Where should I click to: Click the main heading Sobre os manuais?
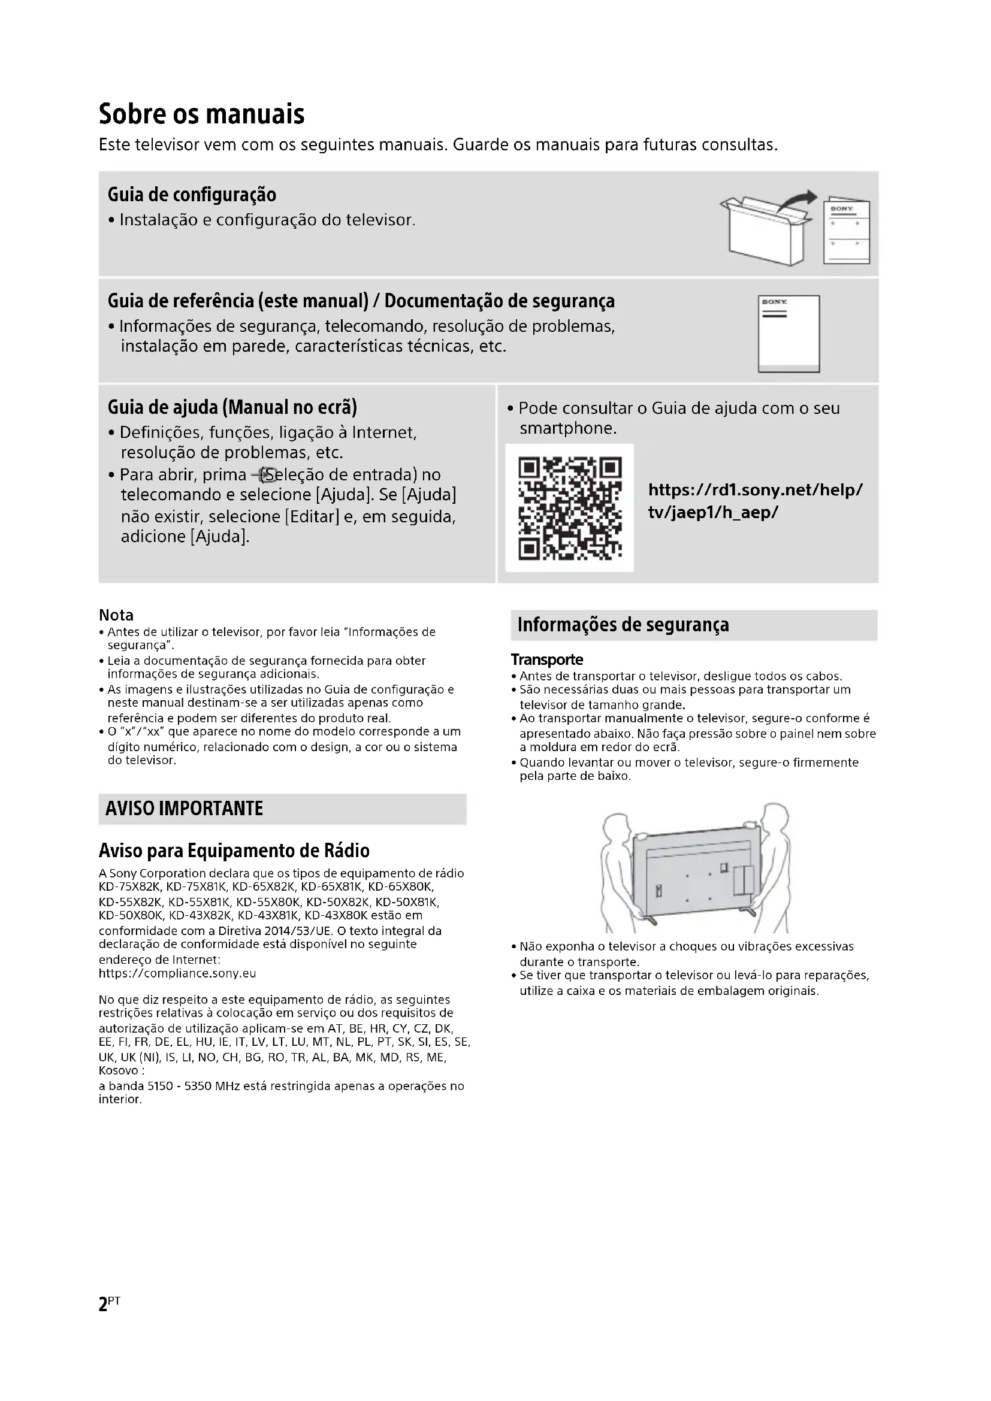[201, 114]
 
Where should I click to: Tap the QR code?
[569, 508]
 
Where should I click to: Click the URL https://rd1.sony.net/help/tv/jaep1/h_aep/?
[755, 501]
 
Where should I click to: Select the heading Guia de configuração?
[192, 195]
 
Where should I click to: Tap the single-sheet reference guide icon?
[788, 334]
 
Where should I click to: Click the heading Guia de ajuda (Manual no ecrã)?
[232, 407]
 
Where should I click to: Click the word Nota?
[116, 615]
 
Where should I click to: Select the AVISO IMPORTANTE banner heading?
[185, 809]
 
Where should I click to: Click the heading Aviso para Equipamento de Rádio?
[234, 851]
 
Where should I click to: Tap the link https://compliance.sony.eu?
[177, 973]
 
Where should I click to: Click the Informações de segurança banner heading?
[623, 625]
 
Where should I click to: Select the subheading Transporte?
[547, 659]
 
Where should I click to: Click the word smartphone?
[567, 428]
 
